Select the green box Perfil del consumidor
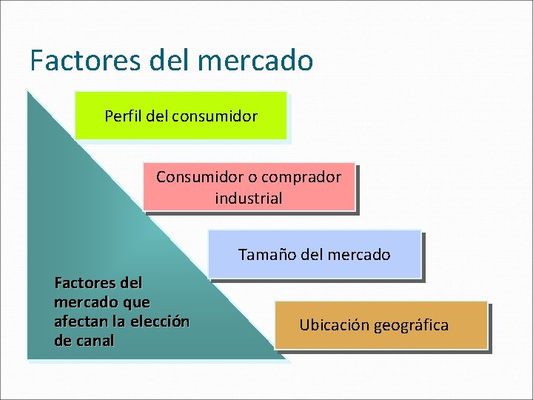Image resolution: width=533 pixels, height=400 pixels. [x=181, y=116]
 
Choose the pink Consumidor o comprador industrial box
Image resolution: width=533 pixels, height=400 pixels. [x=249, y=187]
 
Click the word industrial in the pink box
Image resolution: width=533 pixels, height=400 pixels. [x=249, y=199]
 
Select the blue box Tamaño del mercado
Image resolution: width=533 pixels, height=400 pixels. [x=315, y=254]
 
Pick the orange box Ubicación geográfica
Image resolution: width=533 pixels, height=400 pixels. [x=381, y=325]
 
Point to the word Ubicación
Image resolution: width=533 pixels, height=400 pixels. [x=335, y=325]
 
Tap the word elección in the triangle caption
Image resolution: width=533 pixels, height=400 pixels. [x=158, y=321]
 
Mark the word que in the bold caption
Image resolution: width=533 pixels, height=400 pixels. [x=137, y=302]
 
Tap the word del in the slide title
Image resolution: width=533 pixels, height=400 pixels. [x=172, y=60]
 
